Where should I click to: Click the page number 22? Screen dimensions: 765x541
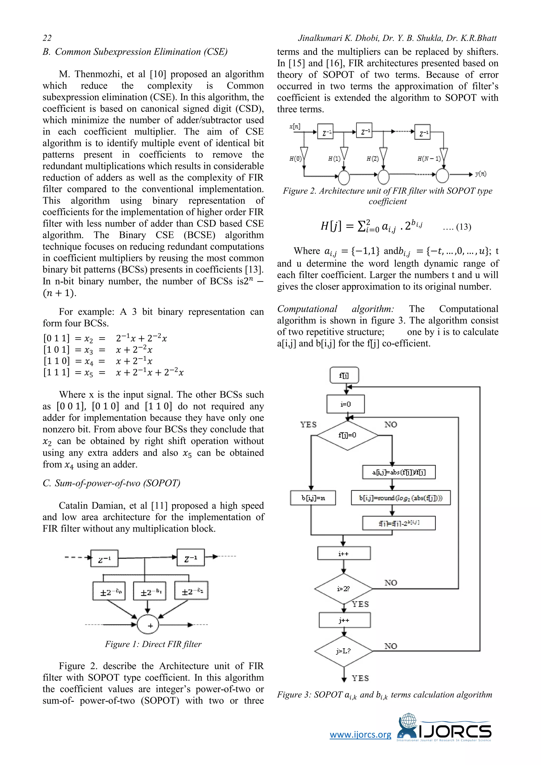47,38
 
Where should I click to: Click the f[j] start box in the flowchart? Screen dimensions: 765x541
344,376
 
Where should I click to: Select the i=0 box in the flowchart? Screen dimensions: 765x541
346,404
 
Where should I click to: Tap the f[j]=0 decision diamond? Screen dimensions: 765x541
347,435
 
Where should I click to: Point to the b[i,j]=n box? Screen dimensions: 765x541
313,498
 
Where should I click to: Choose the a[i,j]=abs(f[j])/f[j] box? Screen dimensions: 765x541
399,472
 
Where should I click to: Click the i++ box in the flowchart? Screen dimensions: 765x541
344,553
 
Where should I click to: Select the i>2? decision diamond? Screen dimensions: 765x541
343,589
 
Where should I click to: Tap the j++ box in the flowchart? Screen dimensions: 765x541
344,620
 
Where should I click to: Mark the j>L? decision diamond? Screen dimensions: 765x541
343,651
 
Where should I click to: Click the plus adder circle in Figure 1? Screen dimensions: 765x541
148,624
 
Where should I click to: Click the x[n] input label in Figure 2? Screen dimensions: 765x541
295,126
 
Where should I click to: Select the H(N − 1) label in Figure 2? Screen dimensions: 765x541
429,158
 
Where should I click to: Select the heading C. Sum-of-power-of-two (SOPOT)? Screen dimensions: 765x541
111,483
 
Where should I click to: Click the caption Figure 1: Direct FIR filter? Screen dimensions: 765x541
153,644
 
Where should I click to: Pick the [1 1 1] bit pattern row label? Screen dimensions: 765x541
56,372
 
